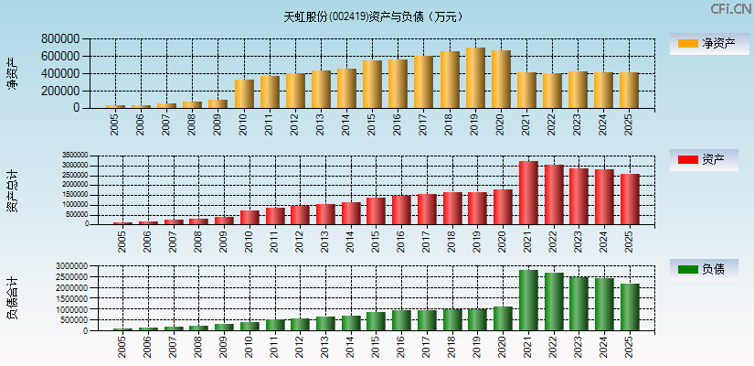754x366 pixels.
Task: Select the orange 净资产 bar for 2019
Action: pyautogui.click(x=475, y=79)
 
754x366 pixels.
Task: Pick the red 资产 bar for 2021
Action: pyautogui.click(x=528, y=193)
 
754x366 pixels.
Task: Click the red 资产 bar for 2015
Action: pyautogui.click(x=376, y=211)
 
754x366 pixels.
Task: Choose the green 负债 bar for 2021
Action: pyautogui.click(x=528, y=300)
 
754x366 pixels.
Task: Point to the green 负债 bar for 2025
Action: pyautogui.click(x=630, y=307)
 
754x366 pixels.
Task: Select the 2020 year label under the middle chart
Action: pyautogui.click(x=500, y=240)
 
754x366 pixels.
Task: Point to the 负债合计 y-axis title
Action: pyautogui.click(x=13, y=298)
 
